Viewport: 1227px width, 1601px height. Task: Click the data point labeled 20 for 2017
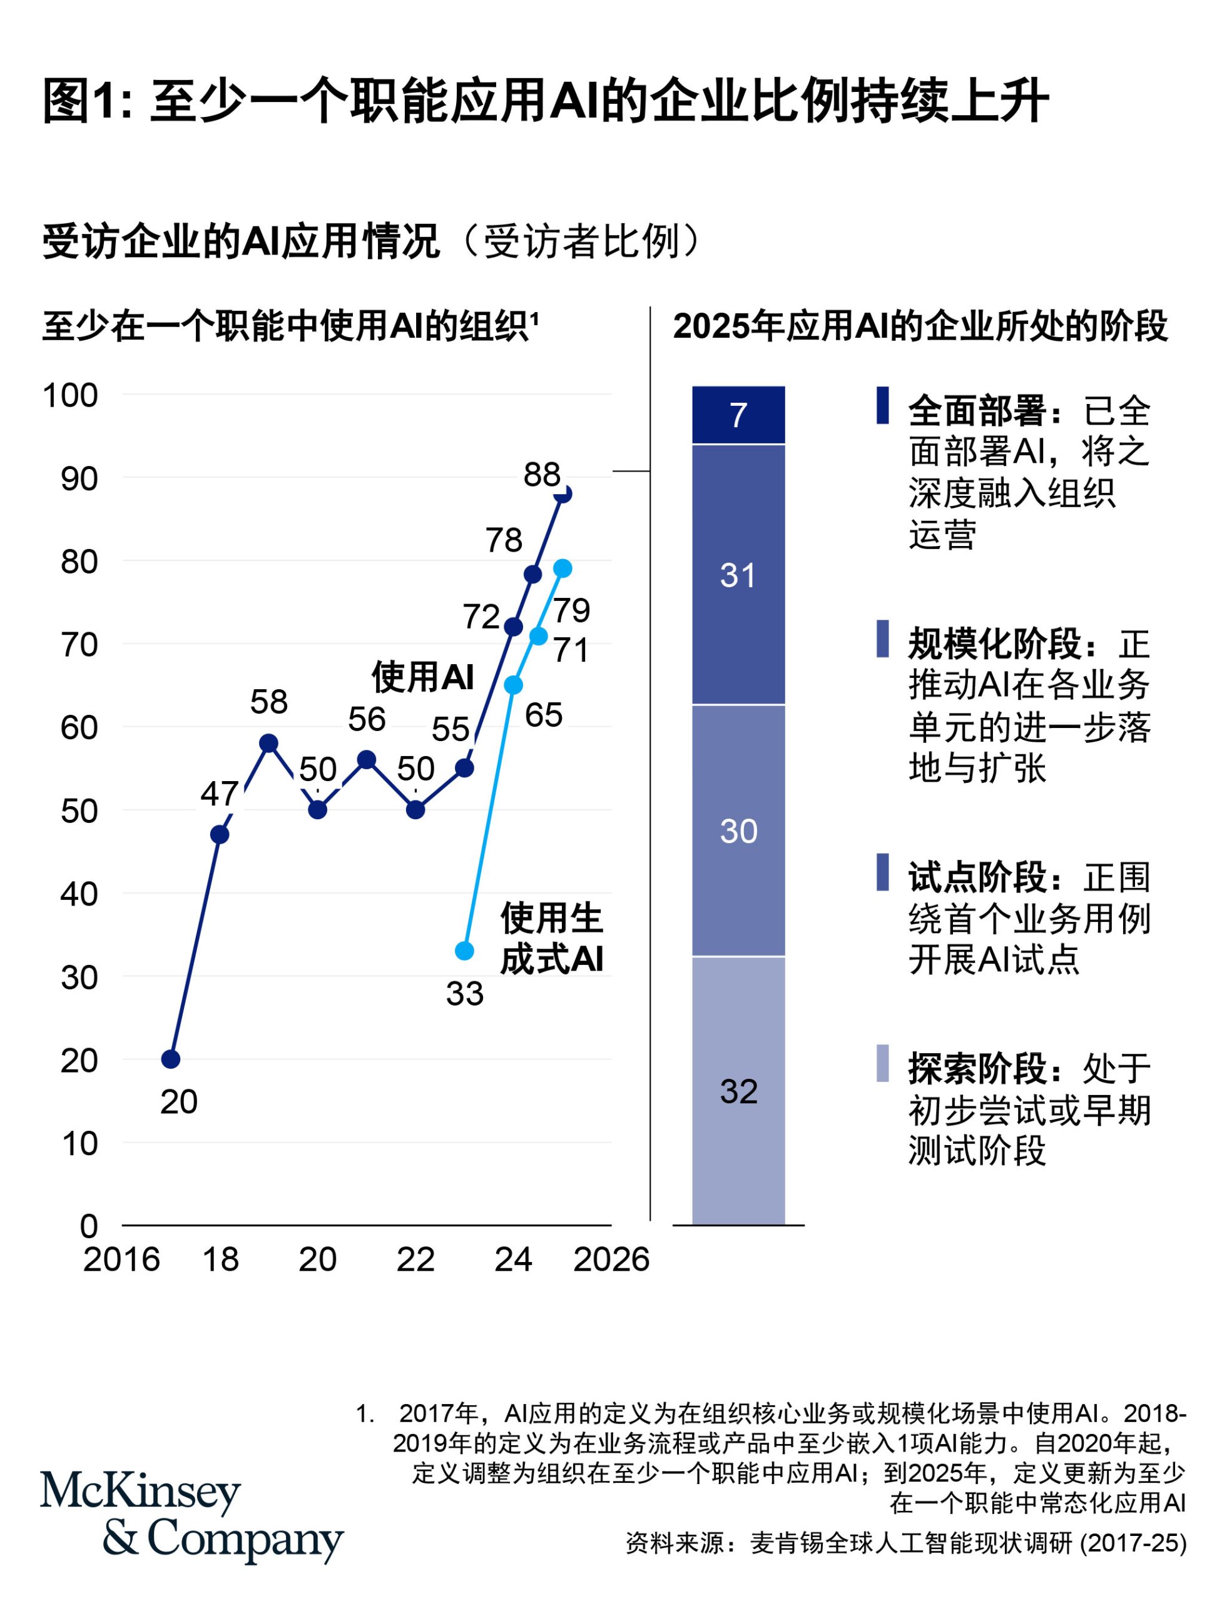tap(170, 1059)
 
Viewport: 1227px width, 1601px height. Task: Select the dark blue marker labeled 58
tap(269, 743)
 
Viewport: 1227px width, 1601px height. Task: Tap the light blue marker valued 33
tap(464, 951)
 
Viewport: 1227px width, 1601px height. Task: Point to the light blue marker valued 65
tap(514, 685)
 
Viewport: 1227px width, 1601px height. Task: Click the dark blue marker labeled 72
tap(514, 627)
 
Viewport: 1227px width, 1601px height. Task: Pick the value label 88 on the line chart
tap(541, 475)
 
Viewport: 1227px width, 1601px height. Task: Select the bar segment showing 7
tap(738, 415)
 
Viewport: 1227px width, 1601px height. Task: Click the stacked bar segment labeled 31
tap(738, 575)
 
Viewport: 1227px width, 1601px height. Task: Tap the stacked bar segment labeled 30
tap(738, 831)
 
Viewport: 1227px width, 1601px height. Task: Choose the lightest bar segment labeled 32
tap(738, 1091)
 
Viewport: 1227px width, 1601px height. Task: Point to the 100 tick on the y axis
tap(70, 396)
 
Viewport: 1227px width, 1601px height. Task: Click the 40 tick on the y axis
tap(79, 894)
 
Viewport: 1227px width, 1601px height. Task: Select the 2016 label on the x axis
tap(121, 1260)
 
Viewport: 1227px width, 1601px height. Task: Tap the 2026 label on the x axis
tap(611, 1260)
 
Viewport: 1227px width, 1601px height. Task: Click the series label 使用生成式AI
tap(551, 938)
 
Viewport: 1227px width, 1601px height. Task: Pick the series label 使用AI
tap(423, 677)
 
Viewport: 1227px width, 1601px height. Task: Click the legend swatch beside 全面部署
tap(882, 405)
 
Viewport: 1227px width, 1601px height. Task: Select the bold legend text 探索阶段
tap(978, 1069)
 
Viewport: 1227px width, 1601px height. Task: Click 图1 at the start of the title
tap(79, 101)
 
